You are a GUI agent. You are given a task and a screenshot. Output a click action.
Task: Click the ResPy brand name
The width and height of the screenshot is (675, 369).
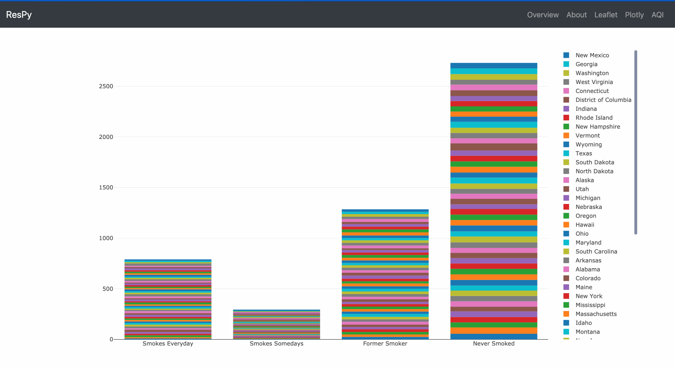tap(19, 15)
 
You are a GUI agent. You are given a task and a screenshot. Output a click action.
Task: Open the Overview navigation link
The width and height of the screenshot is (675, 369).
tap(543, 15)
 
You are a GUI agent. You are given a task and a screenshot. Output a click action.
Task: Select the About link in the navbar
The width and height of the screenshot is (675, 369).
tap(576, 15)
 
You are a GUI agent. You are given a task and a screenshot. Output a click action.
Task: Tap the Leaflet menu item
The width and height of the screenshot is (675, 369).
tap(606, 15)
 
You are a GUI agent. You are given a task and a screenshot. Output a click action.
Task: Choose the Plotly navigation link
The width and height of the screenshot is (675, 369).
tap(634, 15)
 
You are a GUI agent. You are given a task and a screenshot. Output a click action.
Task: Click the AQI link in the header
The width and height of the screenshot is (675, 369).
tap(657, 15)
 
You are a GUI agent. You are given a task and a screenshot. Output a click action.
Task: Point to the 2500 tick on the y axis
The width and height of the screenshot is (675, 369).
tap(106, 86)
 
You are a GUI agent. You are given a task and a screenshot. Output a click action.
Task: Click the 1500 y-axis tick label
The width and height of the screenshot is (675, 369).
tap(106, 188)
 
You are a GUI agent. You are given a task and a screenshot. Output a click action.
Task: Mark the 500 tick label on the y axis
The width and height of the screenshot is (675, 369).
tap(108, 289)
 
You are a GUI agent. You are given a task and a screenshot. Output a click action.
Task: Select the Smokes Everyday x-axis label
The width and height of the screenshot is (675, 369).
tap(168, 344)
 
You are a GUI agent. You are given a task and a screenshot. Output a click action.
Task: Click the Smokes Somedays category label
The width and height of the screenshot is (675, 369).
tap(276, 344)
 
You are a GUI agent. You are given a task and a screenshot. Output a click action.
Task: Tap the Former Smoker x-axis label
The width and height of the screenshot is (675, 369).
tap(385, 344)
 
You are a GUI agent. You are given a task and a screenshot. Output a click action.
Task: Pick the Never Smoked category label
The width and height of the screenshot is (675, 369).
tap(494, 344)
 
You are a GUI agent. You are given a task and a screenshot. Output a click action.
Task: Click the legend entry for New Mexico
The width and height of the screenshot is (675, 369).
tap(592, 55)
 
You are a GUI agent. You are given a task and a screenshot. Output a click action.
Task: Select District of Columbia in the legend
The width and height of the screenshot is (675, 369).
tap(603, 100)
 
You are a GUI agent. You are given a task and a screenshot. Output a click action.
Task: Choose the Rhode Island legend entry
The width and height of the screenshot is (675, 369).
tap(594, 118)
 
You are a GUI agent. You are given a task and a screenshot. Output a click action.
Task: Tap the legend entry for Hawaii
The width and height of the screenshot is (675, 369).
tap(585, 225)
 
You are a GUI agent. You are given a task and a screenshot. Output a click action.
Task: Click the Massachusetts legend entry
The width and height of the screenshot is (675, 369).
tap(596, 314)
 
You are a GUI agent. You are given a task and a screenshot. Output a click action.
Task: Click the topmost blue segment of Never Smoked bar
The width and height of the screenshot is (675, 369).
tap(494, 66)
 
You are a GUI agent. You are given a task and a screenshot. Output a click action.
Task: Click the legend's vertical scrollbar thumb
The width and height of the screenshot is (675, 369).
tap(635, 142)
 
